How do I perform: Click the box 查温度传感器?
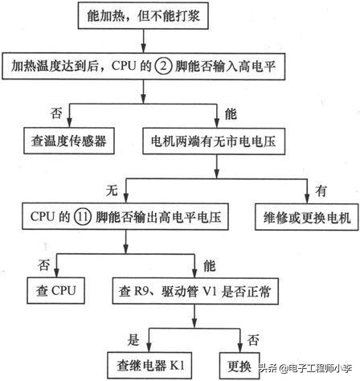67,141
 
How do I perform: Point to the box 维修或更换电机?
305,216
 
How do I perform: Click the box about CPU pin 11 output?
121,216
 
